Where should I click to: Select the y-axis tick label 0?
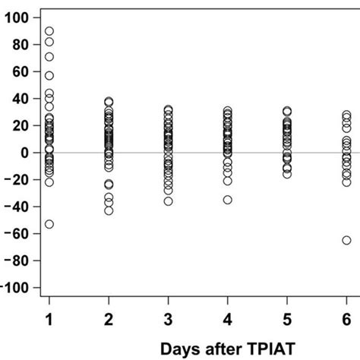[x=26, y=153]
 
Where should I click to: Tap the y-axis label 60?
[x=22, y=71]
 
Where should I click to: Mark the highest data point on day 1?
[x=49, y=31]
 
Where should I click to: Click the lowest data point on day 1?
[x=49, y=224]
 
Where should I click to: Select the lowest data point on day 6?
[x=346, y=240]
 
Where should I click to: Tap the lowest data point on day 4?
[x=227, y=200]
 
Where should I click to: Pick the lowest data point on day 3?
[x=168, y=201]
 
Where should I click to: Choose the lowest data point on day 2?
[x=109, y=210]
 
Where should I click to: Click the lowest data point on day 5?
[x=287, y=174]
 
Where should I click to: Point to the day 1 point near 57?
[x=49, y=75]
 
